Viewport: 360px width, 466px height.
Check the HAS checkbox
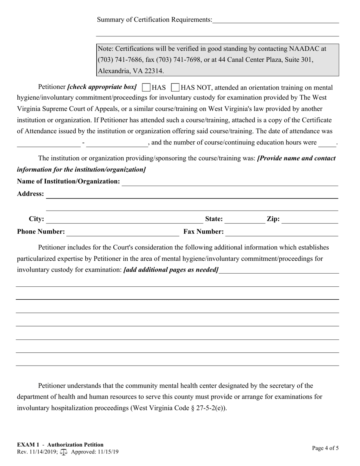(x=146, y=88)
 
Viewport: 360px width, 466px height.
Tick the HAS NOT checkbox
(x=175, y=88)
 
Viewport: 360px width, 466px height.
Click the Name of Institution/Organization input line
(x=229, y=182)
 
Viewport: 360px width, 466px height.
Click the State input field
(x=245, y=219)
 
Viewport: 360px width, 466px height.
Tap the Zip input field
(x=310, y=219)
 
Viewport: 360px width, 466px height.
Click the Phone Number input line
(x=122, y=232)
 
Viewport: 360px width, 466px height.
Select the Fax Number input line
(x=282, y=232)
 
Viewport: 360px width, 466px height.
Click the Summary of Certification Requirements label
(x=155, y=20)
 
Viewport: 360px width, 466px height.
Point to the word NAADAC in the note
(x=304, y=48)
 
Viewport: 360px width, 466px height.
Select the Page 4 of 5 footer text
(x=326, y=448)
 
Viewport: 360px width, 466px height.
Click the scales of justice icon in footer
(x=64, y=452)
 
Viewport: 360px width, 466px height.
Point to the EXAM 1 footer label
(x=28, y=445)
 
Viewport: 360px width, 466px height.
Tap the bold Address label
(x=30, y=194)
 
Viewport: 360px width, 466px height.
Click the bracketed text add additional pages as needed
(x=171, y=270)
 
